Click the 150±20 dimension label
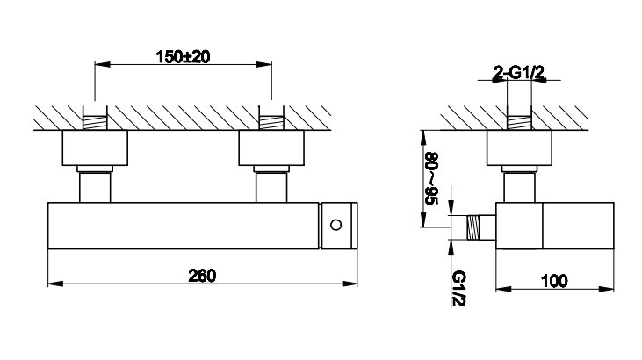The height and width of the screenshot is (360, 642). coord(183,57)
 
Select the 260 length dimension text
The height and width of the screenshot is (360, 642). coord(202,276)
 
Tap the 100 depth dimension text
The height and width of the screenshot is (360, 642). coord(554,281)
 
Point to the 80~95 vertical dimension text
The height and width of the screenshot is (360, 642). coord(431,178)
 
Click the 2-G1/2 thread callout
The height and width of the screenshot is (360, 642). coord(519,74)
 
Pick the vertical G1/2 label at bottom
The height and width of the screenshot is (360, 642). coord(459,288)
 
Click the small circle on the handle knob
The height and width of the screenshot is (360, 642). coord(335,225)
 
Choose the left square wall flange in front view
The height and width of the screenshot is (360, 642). coord(95,148)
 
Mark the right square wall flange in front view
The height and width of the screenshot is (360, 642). coord(271,148)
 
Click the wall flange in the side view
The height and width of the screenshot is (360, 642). coord(519,148)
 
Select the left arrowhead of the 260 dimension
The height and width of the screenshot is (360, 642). coord(55,284)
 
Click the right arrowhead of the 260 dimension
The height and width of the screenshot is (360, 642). coord(350,284)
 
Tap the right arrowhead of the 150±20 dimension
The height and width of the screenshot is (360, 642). coord(264,64)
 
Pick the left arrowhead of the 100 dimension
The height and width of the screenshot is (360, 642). coord(503,289)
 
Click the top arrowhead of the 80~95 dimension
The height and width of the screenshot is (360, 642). coord(422,138)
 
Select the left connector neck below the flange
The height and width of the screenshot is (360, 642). coord(95,187)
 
